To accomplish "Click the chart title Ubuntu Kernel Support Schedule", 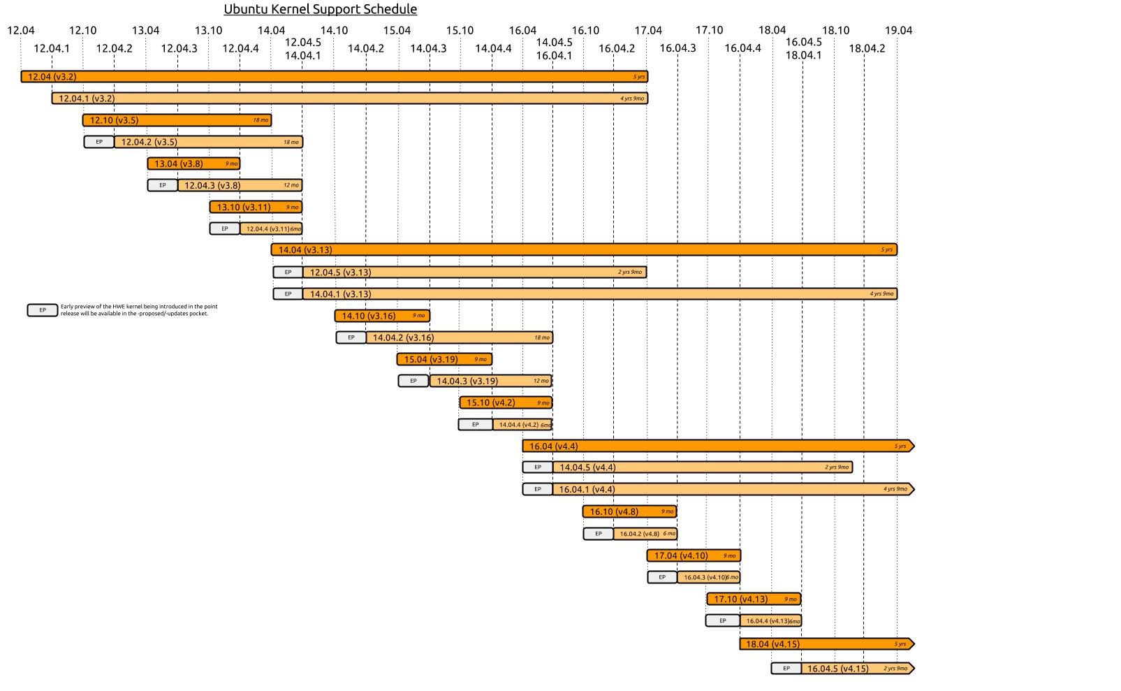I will (320, 9).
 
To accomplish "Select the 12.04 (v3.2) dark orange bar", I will (334, 77).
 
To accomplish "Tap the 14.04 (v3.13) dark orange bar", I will (584, 249).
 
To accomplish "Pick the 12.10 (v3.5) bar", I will (177, 120).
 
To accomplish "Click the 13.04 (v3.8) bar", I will (193, 163).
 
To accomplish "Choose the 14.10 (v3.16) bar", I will (382, 316).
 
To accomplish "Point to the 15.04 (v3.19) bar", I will (444, 359).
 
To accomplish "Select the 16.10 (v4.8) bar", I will (629, 511).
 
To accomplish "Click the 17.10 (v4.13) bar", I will (753, 599).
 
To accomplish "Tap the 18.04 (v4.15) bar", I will (826, 643).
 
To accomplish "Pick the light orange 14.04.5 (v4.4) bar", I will (702, 467).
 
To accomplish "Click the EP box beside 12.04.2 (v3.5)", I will (99, 142).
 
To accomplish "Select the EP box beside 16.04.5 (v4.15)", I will (786, 669).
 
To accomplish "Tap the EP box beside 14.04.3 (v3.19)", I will (413, 381).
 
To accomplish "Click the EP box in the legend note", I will (43, 310).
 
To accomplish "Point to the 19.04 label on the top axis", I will (898, 30).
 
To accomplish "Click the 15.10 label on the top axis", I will (460, 30).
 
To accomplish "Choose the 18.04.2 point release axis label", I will (867, 48).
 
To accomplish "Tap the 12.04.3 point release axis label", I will (179, 48).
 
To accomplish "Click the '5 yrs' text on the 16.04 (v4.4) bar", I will (900, 446).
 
